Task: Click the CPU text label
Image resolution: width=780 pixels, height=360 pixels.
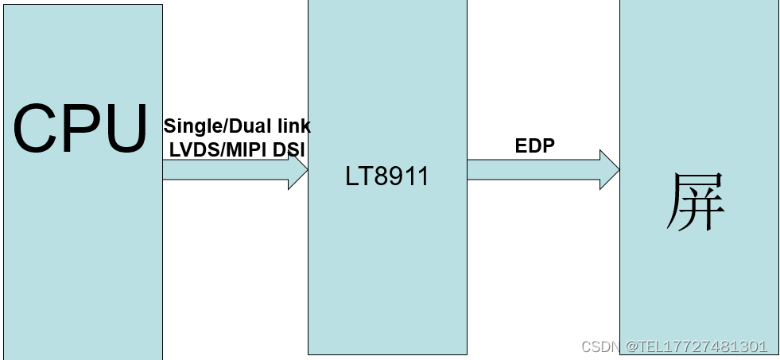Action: point(81,129)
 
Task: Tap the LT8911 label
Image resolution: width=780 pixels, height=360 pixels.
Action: point(387,176)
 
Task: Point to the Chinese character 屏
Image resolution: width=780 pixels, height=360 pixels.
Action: point(697,203)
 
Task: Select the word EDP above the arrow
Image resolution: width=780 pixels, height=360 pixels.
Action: point(535,145)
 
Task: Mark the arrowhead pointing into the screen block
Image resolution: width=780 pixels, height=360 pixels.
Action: point(609,170)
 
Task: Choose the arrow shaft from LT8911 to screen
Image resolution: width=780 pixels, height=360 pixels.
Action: point(533,170)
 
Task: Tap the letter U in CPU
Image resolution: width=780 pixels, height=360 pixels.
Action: point(125,129)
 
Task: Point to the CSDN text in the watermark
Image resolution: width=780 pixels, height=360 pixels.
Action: point(601,347)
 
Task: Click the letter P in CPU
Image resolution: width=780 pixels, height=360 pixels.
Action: point(81,129)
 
